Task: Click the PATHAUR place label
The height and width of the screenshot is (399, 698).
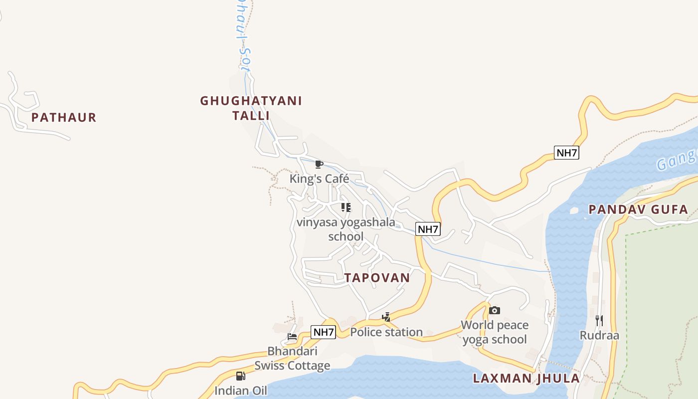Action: (x=63, y=118)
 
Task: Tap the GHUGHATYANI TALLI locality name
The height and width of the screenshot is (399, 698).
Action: (x=251, y=108)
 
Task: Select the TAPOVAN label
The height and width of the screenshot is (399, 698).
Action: (x=377, y=278)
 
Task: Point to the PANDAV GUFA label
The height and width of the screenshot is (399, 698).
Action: (x=638, y=209)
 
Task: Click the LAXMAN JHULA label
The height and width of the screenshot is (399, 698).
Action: (x=526, y=378)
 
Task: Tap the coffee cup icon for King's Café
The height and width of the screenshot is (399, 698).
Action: (x=319, y=164)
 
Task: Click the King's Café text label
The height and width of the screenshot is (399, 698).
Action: (x=319, y=179)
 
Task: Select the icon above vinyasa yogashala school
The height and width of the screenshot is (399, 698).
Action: (x=346, y=207)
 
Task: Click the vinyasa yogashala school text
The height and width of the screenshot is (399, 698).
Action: (x=346, y=229)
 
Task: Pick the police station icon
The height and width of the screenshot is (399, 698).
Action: (x=386, y=317)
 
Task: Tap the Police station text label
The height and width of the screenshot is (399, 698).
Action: (x=386, y=332)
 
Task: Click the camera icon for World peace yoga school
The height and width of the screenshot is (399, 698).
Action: (x=494, y=311)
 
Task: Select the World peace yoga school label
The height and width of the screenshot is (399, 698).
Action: (x=494, y=332)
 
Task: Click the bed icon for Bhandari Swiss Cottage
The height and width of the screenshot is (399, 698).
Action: (x=292, y=337)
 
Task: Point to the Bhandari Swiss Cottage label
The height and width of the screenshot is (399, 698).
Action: (x=292, y=358)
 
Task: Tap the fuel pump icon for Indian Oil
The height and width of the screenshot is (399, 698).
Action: (x=241, y=376)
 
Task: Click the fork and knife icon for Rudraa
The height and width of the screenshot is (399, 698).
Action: (x=599, y=320)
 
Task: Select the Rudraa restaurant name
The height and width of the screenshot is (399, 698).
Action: (x=599, y=335)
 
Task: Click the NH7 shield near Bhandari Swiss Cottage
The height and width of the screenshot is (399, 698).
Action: (x=323, y=332)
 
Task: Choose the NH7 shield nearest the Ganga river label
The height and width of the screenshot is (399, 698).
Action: (x=566, y=153)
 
